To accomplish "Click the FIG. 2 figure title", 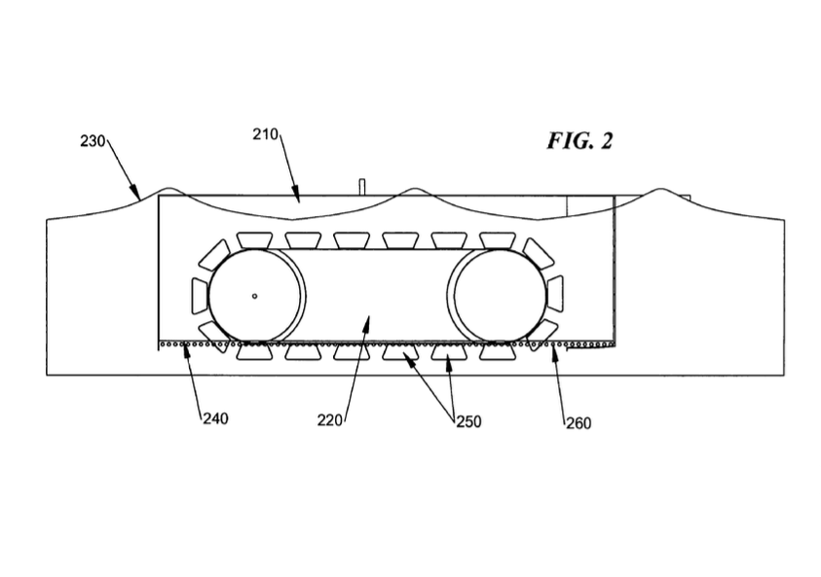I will point(578,141).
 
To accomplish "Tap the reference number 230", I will point(93,141).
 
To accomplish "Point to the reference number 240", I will point(214,418).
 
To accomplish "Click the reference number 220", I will point(329,421).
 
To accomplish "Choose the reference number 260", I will point(578,422).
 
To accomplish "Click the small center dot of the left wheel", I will point(254,295).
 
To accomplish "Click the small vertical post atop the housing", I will point(360,186).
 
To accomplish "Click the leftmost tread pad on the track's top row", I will point(252,239).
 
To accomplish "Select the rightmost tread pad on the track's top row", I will point(497,239).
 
